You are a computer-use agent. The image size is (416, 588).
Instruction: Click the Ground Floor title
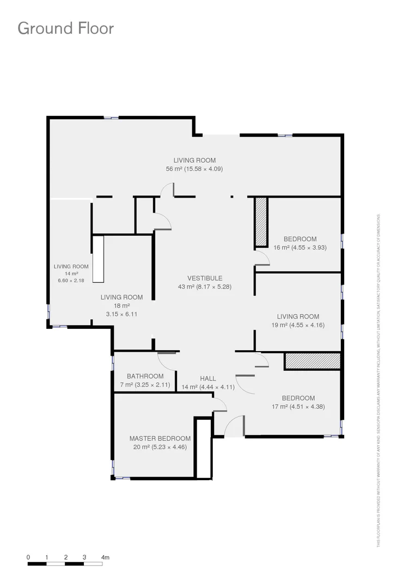[66, 28]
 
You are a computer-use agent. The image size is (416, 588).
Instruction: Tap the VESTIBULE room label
[205, 278]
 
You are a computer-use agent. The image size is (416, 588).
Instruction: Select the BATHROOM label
[145, 376]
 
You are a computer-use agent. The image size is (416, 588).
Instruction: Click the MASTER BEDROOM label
[160, 438]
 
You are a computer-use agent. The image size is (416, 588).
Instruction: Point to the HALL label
[207, 378]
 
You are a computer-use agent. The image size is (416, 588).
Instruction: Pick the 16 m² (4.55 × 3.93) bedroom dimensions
[300, 248]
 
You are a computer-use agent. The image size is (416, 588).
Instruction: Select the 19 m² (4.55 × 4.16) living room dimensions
[298, 325]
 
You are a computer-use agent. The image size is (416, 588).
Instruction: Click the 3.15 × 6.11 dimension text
[121, 314]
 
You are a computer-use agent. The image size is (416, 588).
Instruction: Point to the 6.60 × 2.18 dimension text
[71, 280]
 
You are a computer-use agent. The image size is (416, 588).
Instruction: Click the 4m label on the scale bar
[106, 558]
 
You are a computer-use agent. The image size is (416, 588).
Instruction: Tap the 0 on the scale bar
[28, 558]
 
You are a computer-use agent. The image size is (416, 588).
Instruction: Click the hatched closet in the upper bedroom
[261, 222]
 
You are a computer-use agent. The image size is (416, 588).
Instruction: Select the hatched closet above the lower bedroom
[312, 361]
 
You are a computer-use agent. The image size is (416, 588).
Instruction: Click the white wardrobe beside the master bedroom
[204, 449]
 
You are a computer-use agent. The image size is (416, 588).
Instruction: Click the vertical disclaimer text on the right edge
[378, 381]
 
